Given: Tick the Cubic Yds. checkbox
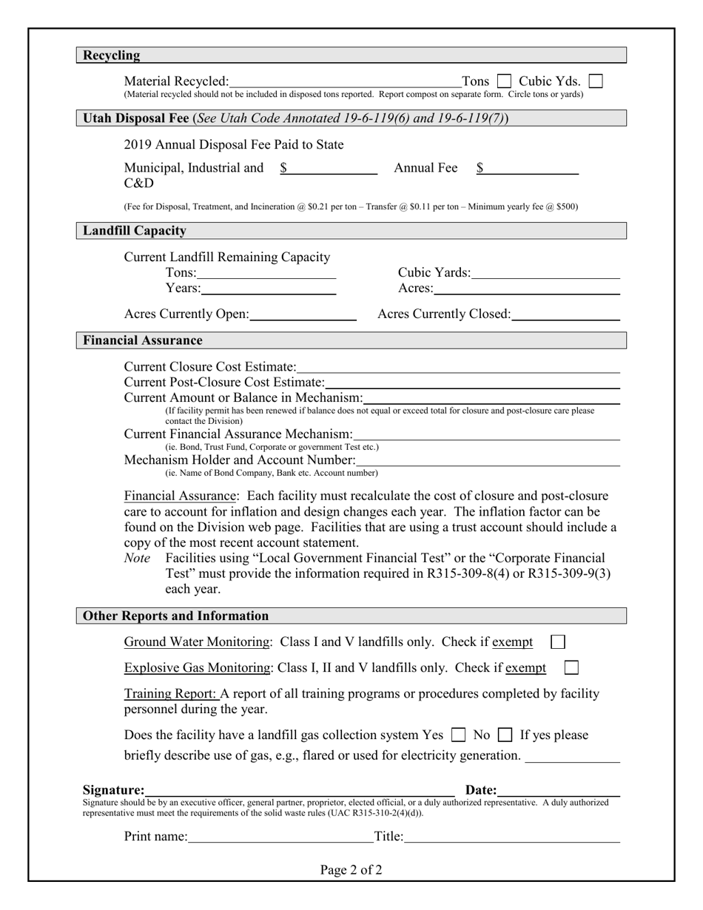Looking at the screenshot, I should (x=595, y=81).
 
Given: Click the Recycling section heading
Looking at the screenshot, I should (x=111, y=55).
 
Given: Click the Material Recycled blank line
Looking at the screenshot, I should (x=345, y=81).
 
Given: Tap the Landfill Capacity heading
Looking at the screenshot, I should (x=134, y=231).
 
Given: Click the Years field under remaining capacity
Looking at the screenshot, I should (x=268, y=288).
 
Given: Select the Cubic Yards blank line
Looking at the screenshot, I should (x=545, y=273).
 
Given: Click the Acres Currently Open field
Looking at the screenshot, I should (x=303, y=314).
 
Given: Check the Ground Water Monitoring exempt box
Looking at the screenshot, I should (x=559, y=641).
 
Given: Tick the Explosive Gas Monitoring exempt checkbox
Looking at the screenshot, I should (x=571, y=668).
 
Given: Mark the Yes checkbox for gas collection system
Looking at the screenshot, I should (x=459, y=735).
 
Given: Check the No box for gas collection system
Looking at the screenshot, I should (x=505, y=735).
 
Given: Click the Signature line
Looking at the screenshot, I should (x=300, y=790).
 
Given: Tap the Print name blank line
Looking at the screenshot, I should (x=280, y=837).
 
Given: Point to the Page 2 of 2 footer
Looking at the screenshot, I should (x=351, y=870).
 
